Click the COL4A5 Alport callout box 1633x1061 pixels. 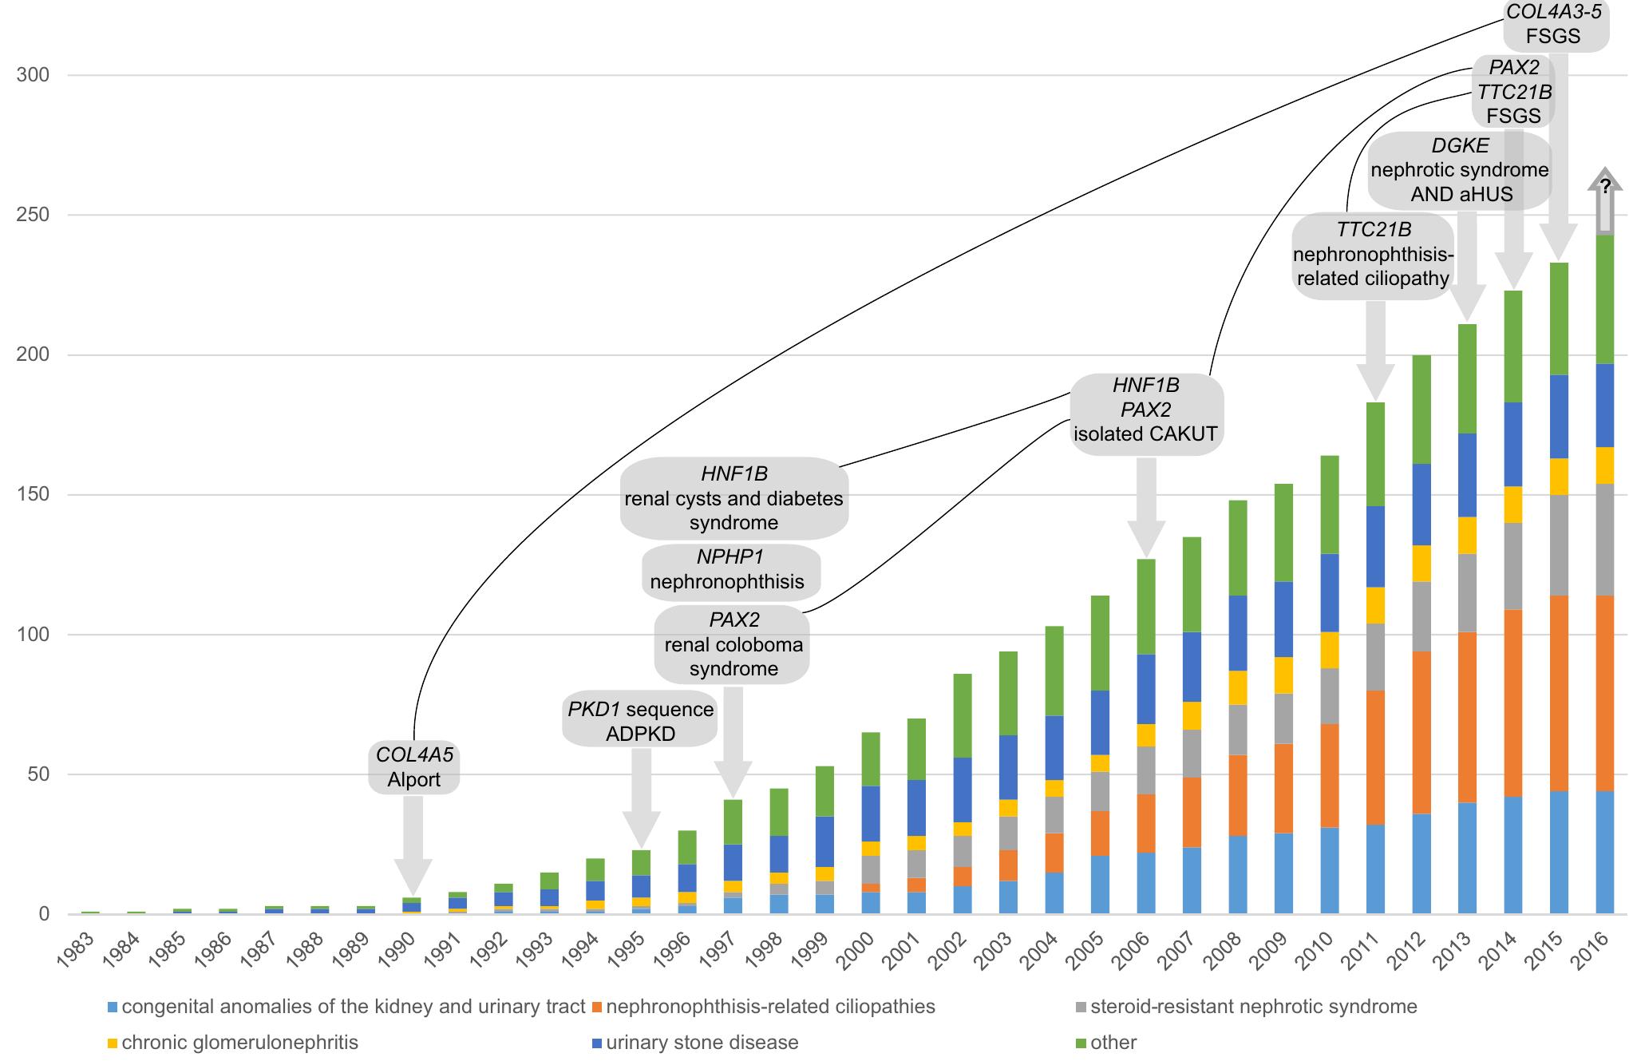413,766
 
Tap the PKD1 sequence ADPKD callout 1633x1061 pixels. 640,721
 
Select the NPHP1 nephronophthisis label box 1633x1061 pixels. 731,570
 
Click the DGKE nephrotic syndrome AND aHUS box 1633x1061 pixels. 1460,170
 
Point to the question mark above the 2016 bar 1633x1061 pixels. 1605,187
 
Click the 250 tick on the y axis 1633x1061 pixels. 33,215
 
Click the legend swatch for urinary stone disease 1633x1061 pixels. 596,1043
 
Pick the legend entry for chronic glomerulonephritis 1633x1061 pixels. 239,1043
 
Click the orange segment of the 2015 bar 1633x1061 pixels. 1559,693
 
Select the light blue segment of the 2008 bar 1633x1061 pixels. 1237,874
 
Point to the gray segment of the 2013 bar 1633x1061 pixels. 1467,592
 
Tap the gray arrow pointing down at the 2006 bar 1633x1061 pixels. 1146,507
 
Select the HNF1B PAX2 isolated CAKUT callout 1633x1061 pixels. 1146,410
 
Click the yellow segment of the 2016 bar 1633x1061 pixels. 1604,465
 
